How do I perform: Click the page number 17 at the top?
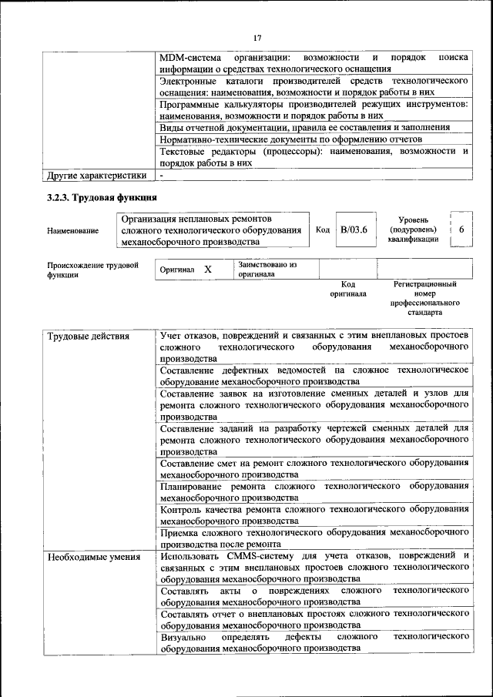(x=257, y=38)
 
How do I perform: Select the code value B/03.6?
(x=354, y=230)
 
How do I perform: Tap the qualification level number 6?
(x=461, y=230)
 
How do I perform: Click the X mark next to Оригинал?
(x=208, y=270)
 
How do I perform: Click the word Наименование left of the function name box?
(x=72, y=230)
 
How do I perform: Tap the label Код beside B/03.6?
(x=324, y=230)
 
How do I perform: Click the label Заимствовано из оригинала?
(x=267, y=270)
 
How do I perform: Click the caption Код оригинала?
(x=347, y=289)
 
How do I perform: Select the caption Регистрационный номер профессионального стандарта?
(x=424, y=299)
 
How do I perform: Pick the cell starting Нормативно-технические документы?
(x=290, y=139)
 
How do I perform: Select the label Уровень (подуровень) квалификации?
(x=414, y=230)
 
